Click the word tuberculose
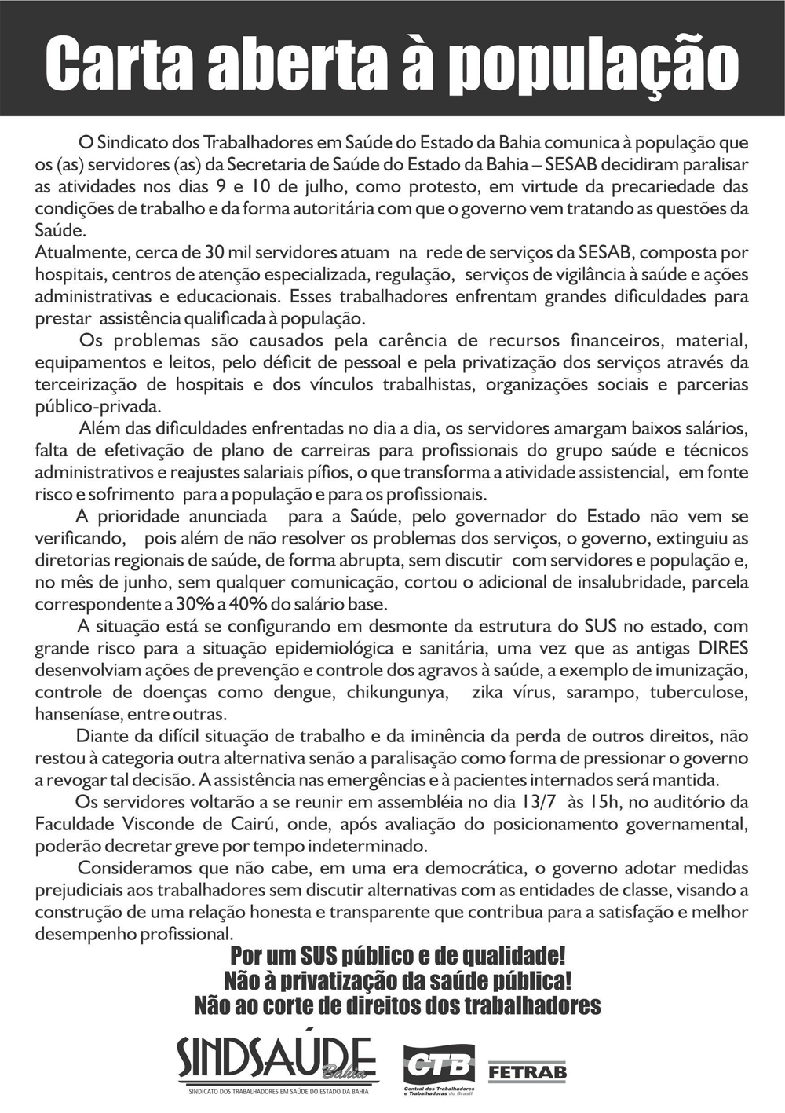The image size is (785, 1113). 704,693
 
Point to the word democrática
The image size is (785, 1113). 472,869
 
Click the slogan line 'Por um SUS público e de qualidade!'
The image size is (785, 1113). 397,957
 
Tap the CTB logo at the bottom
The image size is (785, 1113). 438,1067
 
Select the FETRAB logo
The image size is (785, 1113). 527,1071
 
